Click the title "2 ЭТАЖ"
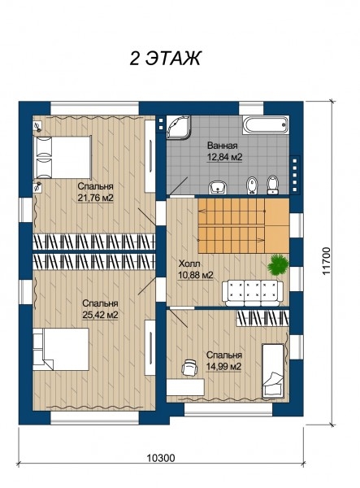(x=165, y=58)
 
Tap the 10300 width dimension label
(x=160, y=458)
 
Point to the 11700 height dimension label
(x=326, y=261)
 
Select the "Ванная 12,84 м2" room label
(x=224, y=151)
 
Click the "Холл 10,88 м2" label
(x=196, y=269)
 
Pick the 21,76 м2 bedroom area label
(x=95, y=198)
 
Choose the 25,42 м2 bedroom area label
(x=100, y=315)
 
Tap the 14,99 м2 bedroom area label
(x=223, y=366)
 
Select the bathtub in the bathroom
(x=266, y=124)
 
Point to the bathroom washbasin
(x=218, y=187)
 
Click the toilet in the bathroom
(x=273, y=185)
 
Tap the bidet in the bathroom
(x=251, y=185)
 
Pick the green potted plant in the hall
(x=279, y=264)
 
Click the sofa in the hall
(x=253, y=293)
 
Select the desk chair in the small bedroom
(x=190, y=368)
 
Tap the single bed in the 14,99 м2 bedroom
(x=273, y=372)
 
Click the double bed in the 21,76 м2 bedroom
(x=63, y=157)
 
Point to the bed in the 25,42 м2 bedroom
(x=61, y=349)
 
